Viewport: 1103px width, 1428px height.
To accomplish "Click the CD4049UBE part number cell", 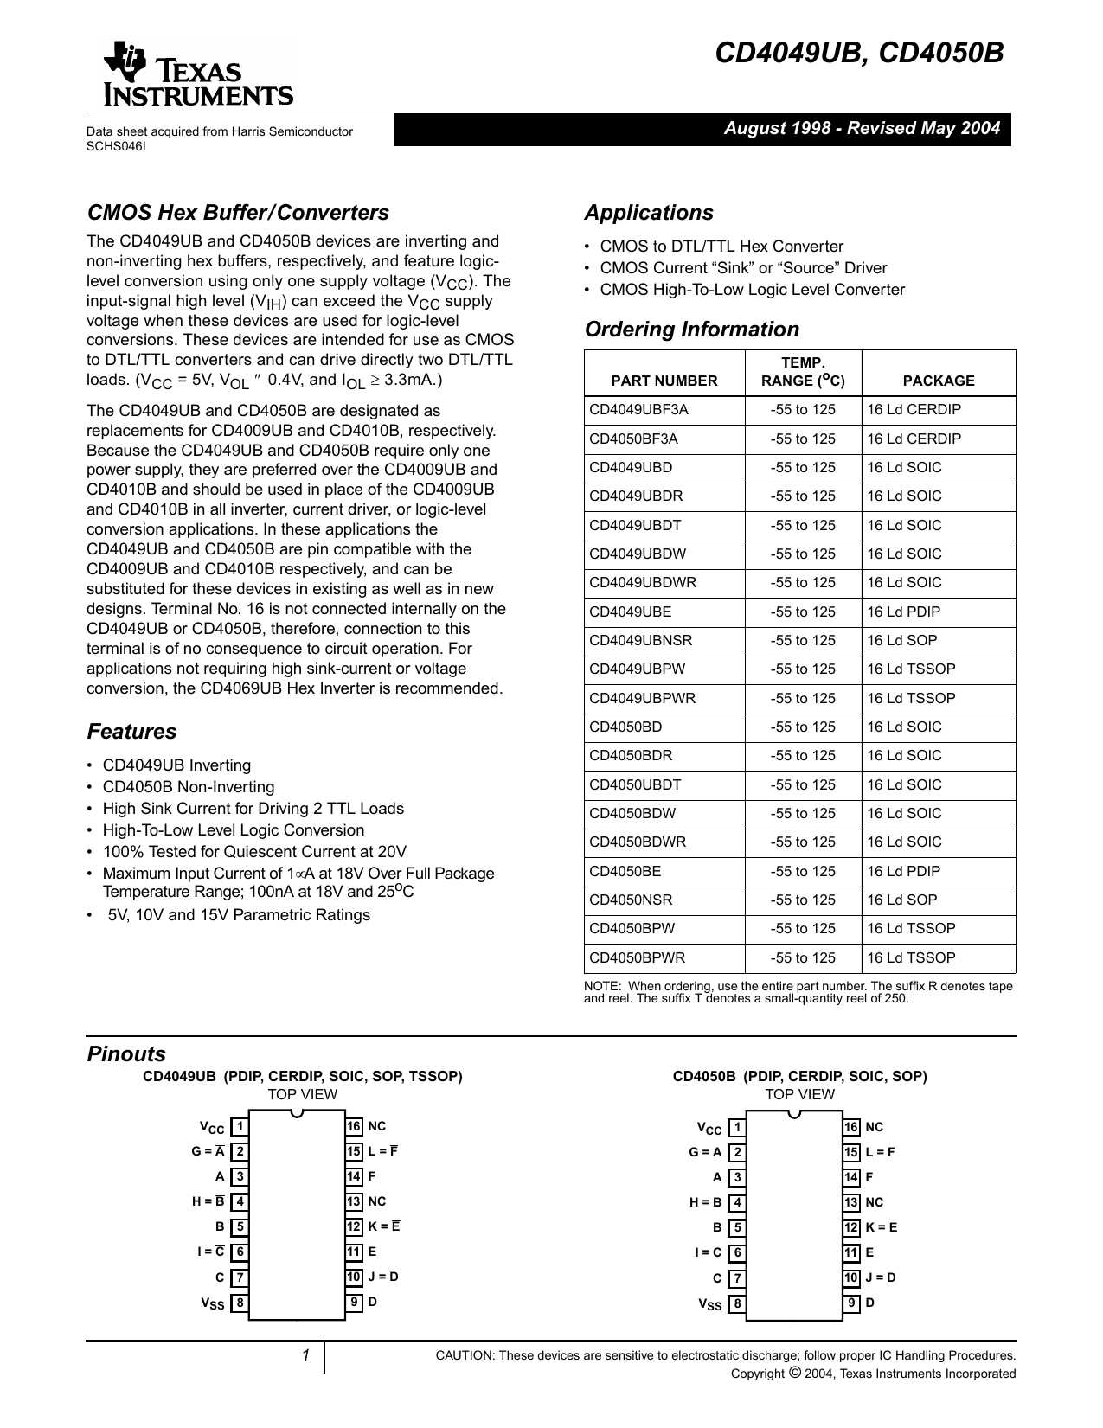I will [x=630, y=612].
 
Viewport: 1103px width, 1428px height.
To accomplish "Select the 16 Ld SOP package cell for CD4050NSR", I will [x=901, y=900].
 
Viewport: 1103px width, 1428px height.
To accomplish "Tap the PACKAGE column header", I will [x=938, y=381].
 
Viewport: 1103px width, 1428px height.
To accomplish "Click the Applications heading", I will [x=649, y=213].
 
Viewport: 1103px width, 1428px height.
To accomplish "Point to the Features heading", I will [x=131, y=732].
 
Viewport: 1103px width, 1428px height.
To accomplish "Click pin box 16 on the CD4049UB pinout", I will [x=354, y=1126].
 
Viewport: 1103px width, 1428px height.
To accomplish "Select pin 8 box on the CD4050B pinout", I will [x=736, y=1303].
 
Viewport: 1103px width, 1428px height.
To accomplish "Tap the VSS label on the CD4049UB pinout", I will [x=213, y=1303].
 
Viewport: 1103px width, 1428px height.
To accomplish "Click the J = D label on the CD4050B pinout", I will [x=881, y=1278].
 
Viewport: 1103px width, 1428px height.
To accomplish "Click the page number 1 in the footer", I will [x=305, y=1355].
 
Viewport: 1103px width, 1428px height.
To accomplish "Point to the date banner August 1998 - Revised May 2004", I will [x=861, y=129].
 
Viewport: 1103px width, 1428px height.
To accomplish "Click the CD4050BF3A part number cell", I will [x=633, y=439].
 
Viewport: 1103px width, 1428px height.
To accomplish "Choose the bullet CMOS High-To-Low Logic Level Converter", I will [x=752, y=290].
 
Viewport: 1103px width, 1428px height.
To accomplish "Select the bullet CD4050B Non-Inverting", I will [x=188, y=787].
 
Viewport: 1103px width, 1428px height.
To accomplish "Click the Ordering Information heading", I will [x=691, y=330].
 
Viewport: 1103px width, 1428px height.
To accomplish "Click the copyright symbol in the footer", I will [x=794, y=1373].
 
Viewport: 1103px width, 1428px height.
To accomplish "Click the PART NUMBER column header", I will [x=664, y=381].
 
